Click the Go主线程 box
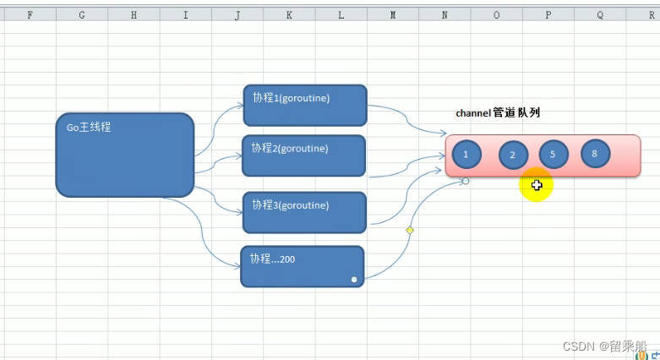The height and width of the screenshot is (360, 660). tap(125, 155)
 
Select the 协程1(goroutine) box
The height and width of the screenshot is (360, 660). tap(305, 105)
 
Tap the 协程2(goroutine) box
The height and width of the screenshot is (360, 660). tap(304, 155)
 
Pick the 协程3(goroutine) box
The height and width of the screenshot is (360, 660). tap(305, 212)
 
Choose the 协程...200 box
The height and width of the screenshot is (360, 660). tap(303, 266)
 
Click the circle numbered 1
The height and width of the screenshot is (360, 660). tap(466, 154)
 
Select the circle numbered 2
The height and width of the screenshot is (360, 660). tap(513, 155)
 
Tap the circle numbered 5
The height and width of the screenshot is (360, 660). tap(553, 155)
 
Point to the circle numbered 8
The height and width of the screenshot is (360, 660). tap(595, 153)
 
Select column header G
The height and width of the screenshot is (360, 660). tap(82, 14)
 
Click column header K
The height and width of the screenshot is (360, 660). tap(289, 14)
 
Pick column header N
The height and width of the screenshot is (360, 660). tap(445, 14)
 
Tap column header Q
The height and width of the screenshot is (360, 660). tap(600, 14)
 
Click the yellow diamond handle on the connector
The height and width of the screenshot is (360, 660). tap(410, 230)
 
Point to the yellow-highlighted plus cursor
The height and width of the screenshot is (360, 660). tap(537, 186)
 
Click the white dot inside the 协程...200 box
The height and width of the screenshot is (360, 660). tap(354, 278)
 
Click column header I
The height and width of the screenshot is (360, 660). tap(186, 14)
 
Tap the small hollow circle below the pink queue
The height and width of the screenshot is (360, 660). tap(466, 181)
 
